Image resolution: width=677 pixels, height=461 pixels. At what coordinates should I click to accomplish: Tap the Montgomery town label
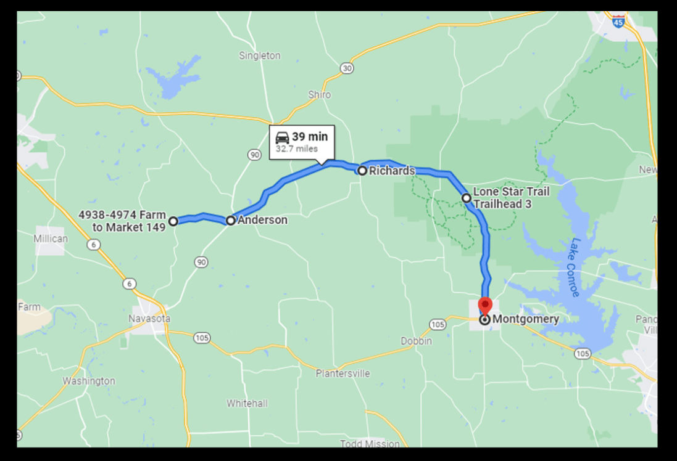pos(526,319)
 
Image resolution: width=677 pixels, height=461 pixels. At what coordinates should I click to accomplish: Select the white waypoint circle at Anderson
pos(231,220)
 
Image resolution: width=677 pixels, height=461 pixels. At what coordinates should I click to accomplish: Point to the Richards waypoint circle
pos(362,171)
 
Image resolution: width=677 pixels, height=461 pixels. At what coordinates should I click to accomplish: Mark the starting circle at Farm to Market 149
pos(173,221)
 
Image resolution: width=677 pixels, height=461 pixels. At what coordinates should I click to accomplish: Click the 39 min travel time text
pos(310,137)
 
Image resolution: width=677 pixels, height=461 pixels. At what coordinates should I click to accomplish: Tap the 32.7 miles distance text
pos(297,149)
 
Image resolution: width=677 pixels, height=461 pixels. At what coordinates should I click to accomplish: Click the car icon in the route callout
pos(282,137)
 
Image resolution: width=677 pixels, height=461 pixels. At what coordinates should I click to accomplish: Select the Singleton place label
pos(260,56)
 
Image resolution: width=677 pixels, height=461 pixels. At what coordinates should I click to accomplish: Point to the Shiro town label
pos(320,95)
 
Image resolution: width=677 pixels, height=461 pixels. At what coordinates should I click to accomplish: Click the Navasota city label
pos(149,319)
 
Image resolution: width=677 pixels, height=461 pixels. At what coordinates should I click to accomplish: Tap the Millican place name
pos(51,239)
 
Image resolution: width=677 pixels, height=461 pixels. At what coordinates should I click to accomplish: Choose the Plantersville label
pos(343,373)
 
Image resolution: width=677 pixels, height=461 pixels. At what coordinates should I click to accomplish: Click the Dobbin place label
pos(417,341)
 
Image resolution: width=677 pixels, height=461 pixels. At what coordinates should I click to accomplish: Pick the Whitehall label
pos(247,404)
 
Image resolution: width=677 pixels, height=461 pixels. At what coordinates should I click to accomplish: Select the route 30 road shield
pos(347,68)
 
